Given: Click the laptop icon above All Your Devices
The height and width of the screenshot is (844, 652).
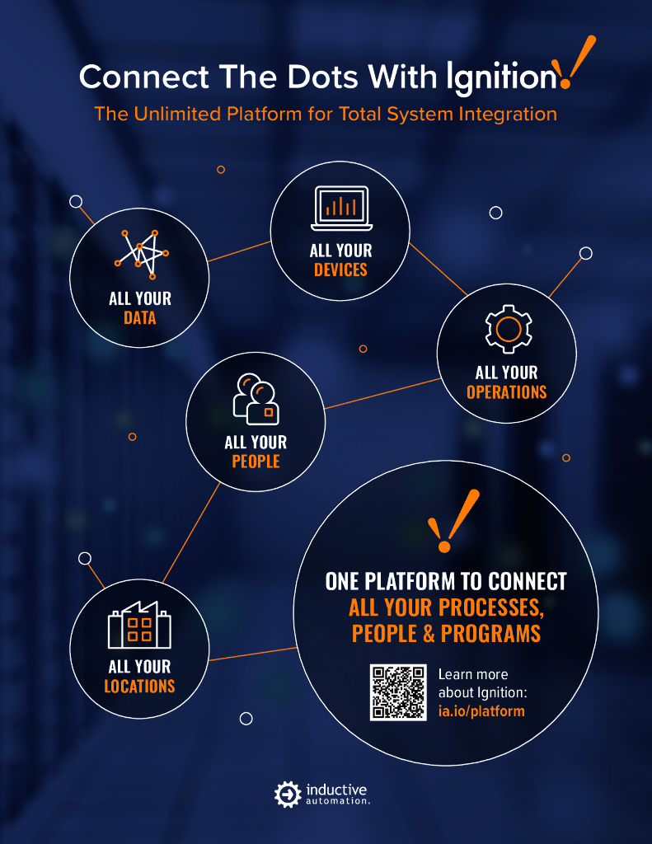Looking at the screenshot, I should (341, 209).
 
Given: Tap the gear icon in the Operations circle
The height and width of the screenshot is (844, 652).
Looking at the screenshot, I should (507, 329).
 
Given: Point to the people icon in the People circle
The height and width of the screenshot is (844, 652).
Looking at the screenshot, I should (256, 399).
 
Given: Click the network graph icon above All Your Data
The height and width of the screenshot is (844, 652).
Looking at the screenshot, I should (140, 253).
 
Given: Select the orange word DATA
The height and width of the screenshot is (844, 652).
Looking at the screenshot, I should (140, 316).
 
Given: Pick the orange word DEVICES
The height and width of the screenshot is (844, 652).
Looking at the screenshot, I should (340, 270).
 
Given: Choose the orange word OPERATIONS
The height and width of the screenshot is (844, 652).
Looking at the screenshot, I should (507, 392).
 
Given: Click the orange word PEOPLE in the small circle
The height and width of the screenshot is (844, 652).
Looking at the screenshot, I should (256, 462).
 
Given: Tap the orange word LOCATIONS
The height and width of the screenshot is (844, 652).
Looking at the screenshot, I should (139, 686).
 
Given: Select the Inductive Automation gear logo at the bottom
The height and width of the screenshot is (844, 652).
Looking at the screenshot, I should (286, 794).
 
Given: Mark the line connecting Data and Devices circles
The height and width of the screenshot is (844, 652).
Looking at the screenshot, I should (239, 251).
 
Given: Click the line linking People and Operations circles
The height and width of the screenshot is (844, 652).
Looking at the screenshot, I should (381, 393).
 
